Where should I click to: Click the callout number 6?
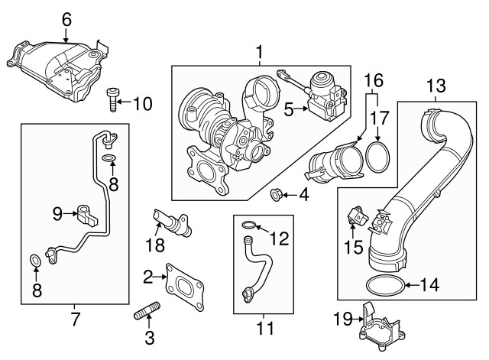[66, 18]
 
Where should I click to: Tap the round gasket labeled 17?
[375, 156]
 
